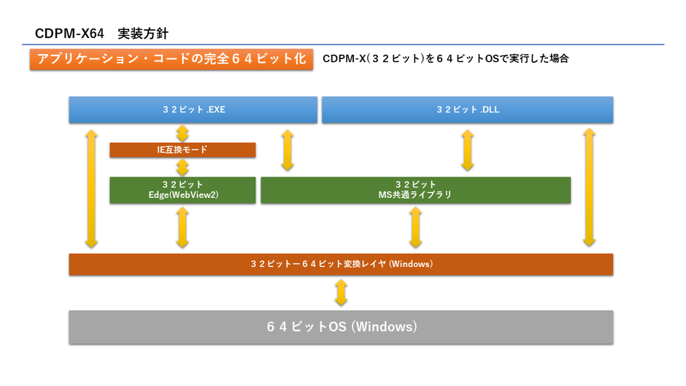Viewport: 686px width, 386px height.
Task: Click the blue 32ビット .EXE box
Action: coord(193,109)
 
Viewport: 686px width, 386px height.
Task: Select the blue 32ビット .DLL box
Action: coord(467,109)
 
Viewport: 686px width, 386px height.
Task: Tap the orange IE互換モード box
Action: coord(182,150)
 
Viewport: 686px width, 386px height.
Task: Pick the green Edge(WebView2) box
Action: coord(182,190)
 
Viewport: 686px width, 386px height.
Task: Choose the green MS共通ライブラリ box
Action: coord(415,190)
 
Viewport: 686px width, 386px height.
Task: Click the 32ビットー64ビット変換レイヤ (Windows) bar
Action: coord(341,264)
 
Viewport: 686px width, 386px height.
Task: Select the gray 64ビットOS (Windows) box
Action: coord(341,327)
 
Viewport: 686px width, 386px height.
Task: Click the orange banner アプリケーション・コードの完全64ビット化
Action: coord(171,59)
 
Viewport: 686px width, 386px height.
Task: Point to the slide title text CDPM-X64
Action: coord(70,34)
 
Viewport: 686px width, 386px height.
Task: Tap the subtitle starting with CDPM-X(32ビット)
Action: coord(445,59)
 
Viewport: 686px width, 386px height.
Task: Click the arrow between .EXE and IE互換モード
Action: coord(182,133)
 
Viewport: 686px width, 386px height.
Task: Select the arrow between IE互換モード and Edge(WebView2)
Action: coord(182,167)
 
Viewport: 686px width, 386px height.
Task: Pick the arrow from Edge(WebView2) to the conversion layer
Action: coord(182,227)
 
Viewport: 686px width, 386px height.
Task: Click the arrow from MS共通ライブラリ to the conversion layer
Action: coord(415,227)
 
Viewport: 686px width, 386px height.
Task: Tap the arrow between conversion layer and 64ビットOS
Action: coord(341,293)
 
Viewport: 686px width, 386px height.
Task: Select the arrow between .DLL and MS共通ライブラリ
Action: coord(467,150)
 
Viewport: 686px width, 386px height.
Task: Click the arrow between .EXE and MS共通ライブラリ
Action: coord(288,150)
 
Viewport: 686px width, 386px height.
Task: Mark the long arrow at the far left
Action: coord(91,188)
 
